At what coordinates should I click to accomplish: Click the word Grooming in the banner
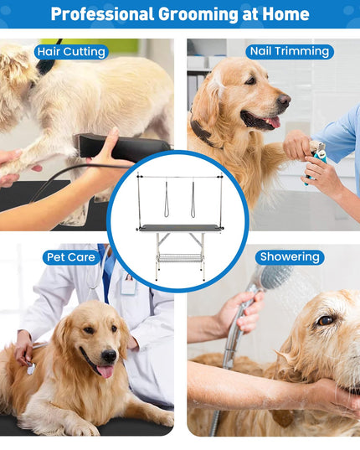click(198, 14)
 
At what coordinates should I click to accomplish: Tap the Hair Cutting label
click(71, 52)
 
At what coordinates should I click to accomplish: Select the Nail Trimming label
click(290, 52)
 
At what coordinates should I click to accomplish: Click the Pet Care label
click(71, 257)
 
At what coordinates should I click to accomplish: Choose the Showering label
click(290, 257)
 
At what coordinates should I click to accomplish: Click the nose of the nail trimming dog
click(284, 100)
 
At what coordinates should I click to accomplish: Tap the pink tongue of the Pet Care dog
click(105, 371)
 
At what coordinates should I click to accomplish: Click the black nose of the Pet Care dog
click(109, 356)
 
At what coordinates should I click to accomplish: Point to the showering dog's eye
click(326, 321)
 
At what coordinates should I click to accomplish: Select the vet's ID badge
click(128, 284)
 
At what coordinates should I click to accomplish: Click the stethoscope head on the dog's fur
click(31, 369)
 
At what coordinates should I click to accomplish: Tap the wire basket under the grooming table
click(180, 258)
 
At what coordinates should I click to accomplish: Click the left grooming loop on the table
click(167, 199)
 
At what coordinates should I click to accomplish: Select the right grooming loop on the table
click(193, 199)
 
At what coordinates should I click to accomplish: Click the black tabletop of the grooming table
click(180, 228)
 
